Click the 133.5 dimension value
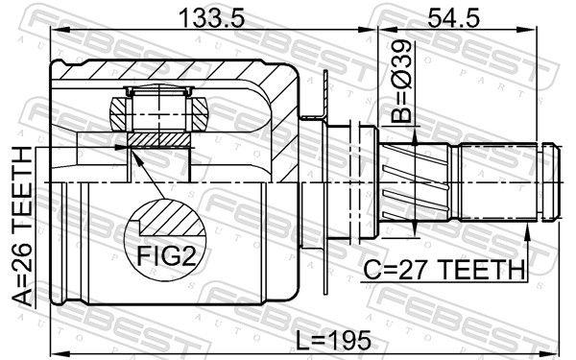[211, 17]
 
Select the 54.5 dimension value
[453, 17]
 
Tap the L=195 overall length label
[333, 340]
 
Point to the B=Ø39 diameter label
[401, 82]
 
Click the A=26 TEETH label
[23, 226]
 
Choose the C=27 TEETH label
[444, 269]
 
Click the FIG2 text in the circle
[166, 255]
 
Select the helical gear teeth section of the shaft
[414, 181]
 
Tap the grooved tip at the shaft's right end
[550, 182]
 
